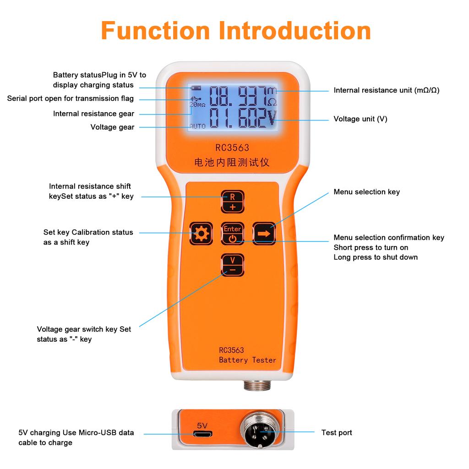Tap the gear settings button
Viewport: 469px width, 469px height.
pos(201,234)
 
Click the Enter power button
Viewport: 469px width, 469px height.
pos(233,234)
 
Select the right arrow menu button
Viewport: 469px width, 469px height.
pos(264,234)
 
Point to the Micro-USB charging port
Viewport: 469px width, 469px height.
pos(202,433)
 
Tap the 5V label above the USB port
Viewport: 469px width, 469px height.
pos(202,425)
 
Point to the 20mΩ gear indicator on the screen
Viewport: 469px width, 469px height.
pos(197,104)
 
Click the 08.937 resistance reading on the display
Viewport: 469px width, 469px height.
pos(238,96)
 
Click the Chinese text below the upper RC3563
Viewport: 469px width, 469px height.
pos(232,162)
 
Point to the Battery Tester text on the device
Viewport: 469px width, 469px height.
pos(247,360)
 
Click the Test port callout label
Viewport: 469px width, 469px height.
pos(336,432)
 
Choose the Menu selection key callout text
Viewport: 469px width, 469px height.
pos(366,192)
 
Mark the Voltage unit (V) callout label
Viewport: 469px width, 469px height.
pos(360,119)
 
